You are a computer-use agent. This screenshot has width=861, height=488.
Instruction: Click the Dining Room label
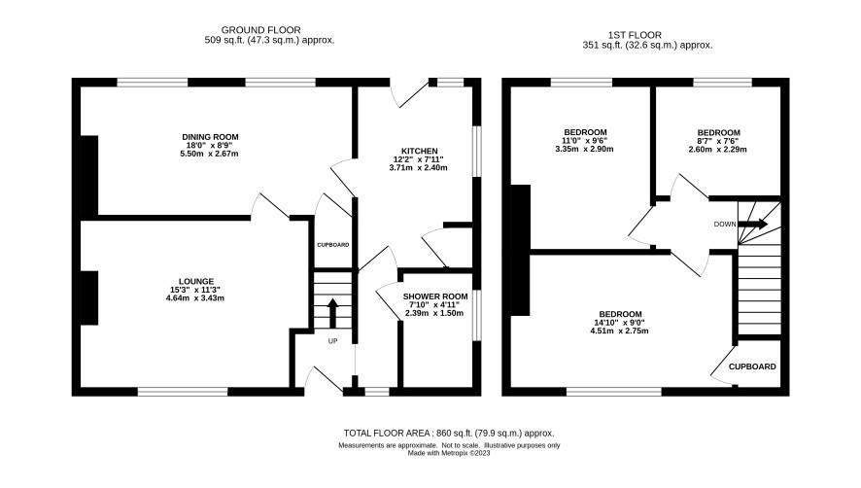(210, 137)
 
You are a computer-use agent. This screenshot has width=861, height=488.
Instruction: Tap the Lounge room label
(196, 281)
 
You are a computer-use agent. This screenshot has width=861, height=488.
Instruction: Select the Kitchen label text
(420, 151)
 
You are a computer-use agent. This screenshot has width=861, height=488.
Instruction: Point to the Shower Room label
(435, 296)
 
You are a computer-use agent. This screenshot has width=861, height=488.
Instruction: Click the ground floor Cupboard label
(333, 245)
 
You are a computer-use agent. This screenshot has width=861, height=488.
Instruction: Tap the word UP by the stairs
(332, 341)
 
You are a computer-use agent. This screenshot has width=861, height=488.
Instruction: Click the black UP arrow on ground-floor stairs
(332, 313)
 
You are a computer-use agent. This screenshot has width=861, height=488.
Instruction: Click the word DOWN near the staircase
(725, 225)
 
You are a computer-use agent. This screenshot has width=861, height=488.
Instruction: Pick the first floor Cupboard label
(752, 366)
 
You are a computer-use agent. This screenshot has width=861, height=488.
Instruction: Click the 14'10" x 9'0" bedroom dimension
(618, 323)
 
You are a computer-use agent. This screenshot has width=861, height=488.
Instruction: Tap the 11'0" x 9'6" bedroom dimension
(584, 141)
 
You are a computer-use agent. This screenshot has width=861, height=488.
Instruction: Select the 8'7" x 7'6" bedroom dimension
(718, 141)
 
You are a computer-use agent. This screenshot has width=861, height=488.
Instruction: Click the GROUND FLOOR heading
(260, 30)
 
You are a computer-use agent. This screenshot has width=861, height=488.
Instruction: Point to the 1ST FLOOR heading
(635, 35)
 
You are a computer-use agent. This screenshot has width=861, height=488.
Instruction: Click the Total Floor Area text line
(449, 433)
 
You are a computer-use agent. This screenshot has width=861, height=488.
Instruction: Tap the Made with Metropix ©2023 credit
(449, 453)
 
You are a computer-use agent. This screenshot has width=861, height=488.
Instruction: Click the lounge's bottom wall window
(183, 392)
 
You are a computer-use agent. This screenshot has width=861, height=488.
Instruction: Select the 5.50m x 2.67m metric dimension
(209, 154)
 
